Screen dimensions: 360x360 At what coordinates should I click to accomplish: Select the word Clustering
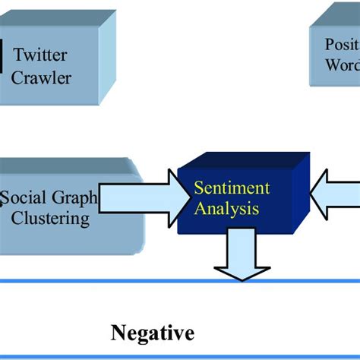(x=50, y=219)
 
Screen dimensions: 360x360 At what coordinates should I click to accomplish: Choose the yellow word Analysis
(x=227, y=207)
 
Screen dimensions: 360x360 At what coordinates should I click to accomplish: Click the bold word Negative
(x=153, y=332)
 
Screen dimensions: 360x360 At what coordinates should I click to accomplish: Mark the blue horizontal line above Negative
(x=180, y=282)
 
